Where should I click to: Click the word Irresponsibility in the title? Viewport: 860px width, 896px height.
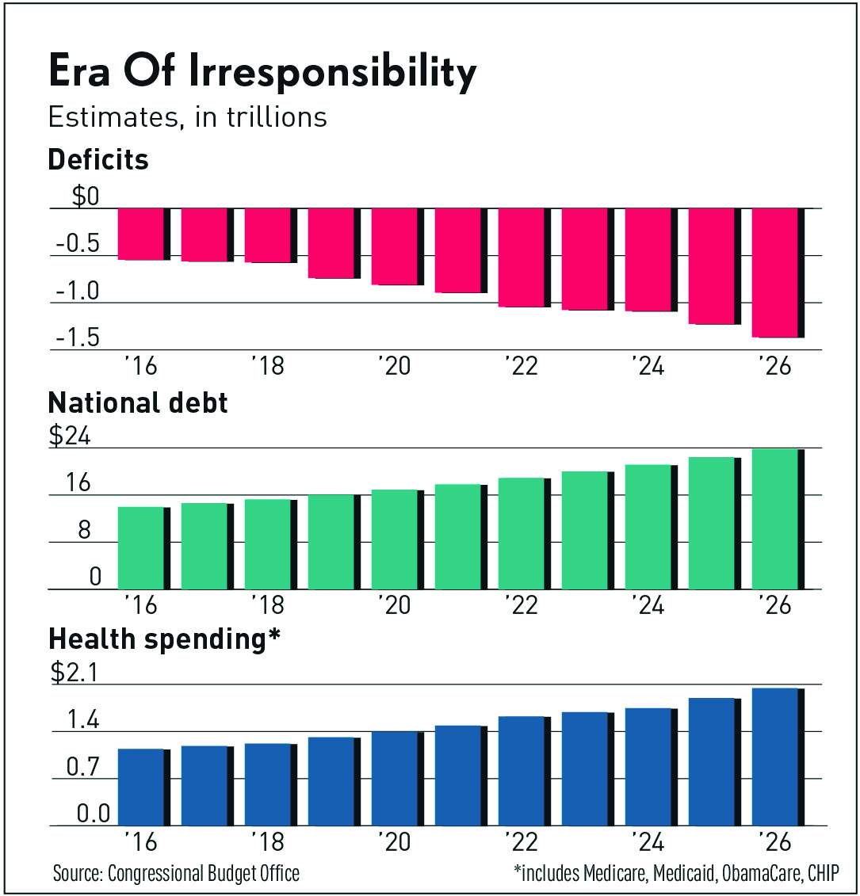point(332,73)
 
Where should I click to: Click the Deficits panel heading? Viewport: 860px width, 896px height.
point(98,160)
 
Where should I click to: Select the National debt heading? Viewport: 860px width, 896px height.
point(138,402)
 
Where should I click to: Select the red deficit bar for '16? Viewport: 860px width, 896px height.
point(141,234)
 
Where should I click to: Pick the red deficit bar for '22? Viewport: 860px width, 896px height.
point(521,257)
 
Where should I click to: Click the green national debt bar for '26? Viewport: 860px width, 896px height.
point(774,519)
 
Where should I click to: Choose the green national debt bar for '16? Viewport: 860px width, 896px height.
point(141,548)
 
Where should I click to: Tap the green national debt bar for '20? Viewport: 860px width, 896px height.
point(394,540)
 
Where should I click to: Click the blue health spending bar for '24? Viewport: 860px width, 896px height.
point(648,767)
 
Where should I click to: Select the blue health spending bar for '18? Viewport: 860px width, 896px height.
point(267,784)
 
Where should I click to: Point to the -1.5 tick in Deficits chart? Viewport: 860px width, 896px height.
point(78,338)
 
